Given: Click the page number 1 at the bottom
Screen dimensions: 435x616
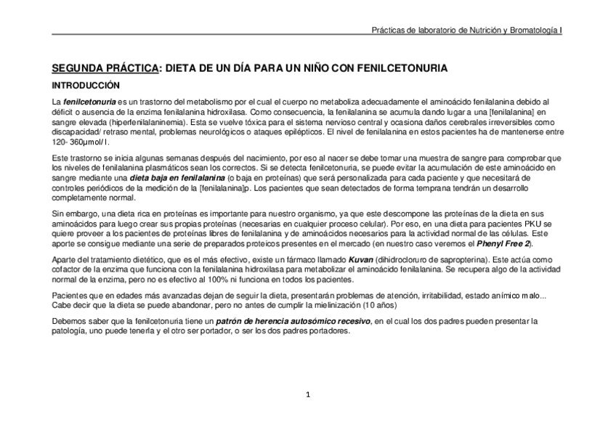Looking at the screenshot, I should click(308, 395).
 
